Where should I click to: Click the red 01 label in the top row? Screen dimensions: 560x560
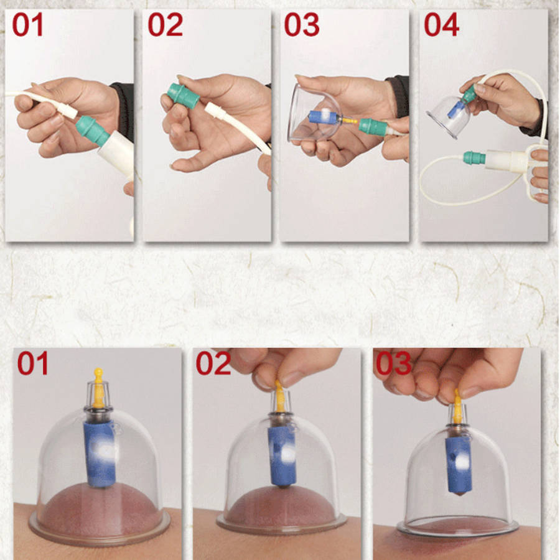point(27,25)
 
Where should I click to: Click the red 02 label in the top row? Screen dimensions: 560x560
point(165,25)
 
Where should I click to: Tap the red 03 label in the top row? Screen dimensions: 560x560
point(301,25)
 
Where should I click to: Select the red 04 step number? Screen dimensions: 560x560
point(441,25)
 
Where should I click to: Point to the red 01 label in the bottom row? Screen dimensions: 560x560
point(32,363)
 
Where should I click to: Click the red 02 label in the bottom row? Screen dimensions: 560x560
point(213,363)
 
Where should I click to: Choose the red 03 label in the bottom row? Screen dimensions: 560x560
point(393,363)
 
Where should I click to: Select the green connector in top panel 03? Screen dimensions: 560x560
point(372,127)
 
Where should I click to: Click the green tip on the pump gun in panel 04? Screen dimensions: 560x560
point(474,157)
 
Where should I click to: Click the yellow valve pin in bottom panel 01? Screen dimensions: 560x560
point(98,388)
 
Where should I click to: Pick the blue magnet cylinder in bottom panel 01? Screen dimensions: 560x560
point(100,454)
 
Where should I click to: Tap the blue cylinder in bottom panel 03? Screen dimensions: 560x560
point(458,465)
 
